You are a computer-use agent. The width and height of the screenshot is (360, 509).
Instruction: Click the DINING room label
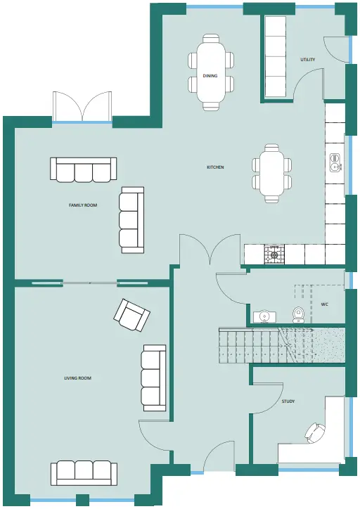click(x=210, y=76)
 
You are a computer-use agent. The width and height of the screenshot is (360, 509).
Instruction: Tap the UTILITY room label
click(x=307, y=59)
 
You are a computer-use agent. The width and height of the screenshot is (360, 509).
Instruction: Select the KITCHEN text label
click(x=215, y=167)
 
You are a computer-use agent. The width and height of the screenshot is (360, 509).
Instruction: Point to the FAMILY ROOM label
click(x=83, y=205)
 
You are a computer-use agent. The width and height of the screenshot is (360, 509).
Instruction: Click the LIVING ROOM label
click(x=77, y=378)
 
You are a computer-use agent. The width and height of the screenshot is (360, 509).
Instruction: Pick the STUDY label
click(x=288, y=401)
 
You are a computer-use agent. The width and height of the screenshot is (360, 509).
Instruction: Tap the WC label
click(x=324, y=304)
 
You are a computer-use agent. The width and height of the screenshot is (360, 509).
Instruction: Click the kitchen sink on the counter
click(x=335, y=162)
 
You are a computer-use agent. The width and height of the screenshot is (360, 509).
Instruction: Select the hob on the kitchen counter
click(x=274, y=254)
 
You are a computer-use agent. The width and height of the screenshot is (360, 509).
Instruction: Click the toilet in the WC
click(x=298, y=315)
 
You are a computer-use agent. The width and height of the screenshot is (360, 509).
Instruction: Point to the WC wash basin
click(x=264, y=317)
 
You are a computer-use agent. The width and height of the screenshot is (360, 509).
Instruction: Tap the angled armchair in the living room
click(x=131, y=314)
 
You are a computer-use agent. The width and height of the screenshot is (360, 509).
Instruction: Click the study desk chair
click(x=314, y=433)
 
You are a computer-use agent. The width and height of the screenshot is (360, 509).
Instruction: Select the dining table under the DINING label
click(x=211, y=72)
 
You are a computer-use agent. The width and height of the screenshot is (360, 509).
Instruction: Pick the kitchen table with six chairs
click(x=271, y=174)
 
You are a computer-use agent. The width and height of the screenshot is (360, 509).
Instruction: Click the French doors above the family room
click(x=82, y=107)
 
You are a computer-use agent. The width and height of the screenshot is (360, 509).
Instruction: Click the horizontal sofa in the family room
click(x=84, y=169)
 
